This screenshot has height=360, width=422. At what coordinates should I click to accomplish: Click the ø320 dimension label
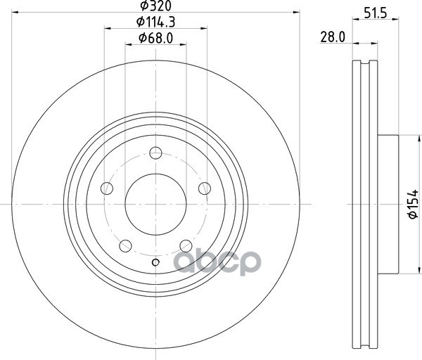pos(155,6)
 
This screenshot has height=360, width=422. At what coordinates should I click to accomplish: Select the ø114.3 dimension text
pos(155,22)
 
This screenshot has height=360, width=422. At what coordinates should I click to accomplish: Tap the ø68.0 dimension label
pos(155,38)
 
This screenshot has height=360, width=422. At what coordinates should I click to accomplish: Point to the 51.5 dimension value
pos(376,13)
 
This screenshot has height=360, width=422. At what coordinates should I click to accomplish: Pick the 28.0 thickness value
pos(333,37)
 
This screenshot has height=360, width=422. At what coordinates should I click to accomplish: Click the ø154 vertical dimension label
pos(413,204)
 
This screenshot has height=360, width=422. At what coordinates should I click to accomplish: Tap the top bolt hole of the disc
pos(155,153)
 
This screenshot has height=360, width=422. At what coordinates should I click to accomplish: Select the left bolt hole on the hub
pos(107,188)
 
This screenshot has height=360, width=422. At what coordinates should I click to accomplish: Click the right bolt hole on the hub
pos(205,188)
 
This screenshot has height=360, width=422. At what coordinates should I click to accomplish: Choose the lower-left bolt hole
pos(125,246)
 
